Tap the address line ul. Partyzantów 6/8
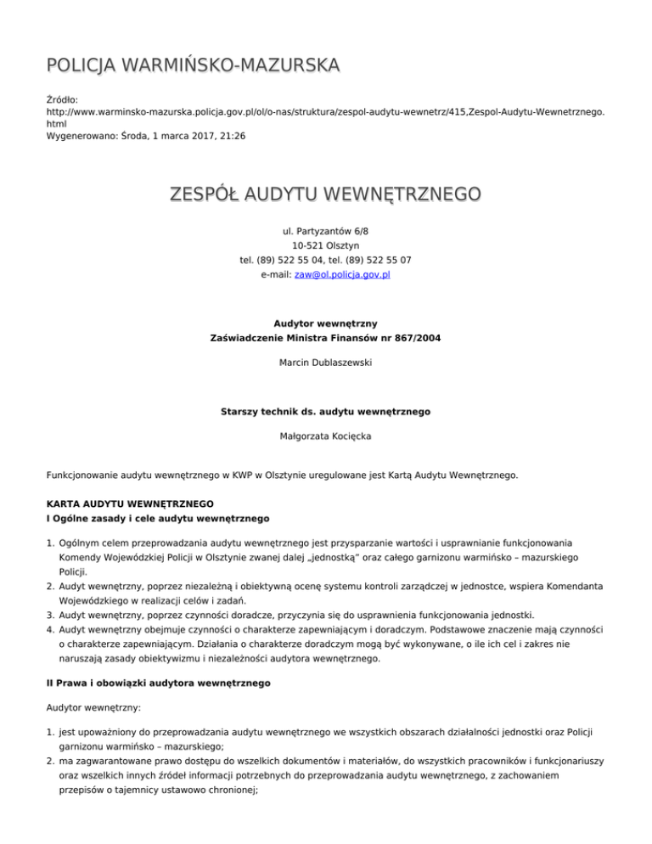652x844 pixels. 325,230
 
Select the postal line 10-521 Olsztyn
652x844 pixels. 325,245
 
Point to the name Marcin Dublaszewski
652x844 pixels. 325,363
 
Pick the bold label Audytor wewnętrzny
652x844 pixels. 325,324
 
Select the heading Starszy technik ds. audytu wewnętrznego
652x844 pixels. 325,412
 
